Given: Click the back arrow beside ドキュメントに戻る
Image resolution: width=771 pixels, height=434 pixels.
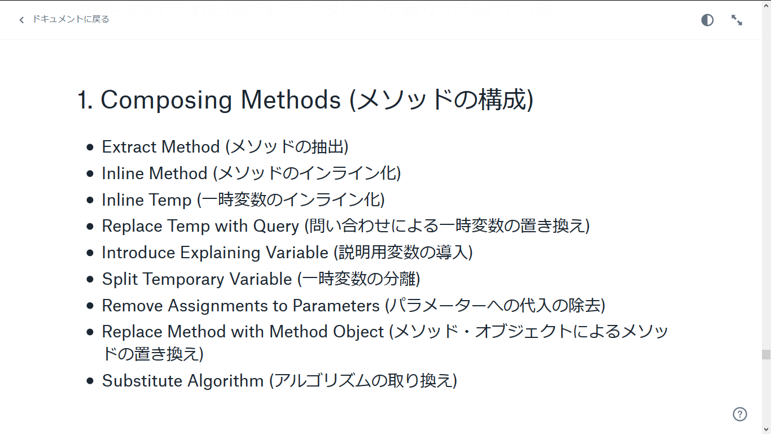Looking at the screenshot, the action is tap(21, 20).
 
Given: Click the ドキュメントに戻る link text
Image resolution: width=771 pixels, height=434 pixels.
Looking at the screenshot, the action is tap(71, 19).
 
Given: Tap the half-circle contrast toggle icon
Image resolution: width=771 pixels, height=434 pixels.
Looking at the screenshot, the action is tap(707, 20).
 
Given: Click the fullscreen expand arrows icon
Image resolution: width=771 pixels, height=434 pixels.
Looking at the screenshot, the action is tap(737, 20).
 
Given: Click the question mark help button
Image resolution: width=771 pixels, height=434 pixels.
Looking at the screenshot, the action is tap(740, 414).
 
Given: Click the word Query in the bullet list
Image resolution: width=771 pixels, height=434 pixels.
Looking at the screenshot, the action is tap(276, 227).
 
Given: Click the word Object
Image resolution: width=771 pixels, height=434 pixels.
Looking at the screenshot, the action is tap(358, 332).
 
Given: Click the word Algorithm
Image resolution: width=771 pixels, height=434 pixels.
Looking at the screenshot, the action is tap(225, 381).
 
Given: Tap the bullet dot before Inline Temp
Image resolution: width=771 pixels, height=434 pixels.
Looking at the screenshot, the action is tap(90, 200).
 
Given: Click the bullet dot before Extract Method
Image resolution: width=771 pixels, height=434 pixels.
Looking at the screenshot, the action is tap(90, 147).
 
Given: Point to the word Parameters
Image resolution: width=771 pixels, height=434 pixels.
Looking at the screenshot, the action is tap(336, 306).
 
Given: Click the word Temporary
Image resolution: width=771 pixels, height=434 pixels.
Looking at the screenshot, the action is tap(183, 280).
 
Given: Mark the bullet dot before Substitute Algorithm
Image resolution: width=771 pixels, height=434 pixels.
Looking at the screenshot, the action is tap(90, 381).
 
